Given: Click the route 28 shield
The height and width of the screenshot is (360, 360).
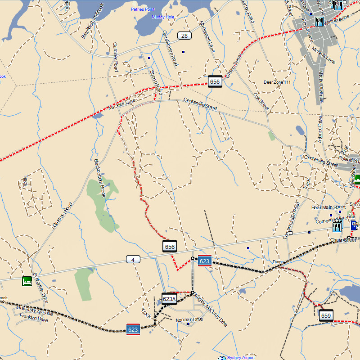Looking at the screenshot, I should pyautogui.click(x=184, y=36).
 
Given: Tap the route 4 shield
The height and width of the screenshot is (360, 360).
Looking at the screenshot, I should pyautogui.click(x=133, y=259).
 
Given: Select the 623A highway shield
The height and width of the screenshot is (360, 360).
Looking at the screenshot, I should pyautogui.click(x=169, y=299).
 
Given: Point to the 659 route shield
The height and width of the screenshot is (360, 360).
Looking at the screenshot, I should pyautogui.click(x=326, y=315).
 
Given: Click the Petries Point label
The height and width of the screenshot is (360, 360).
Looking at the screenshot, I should pyautogui.click(x=143, y=9).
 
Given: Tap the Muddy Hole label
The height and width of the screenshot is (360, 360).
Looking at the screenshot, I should pyautogui.click(x=162, y=17).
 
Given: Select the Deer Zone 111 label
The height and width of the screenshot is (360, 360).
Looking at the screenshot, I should pyautogui.click(x=277, y=82).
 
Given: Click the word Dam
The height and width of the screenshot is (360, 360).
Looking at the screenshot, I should pyautogui.click(x=277, y=261).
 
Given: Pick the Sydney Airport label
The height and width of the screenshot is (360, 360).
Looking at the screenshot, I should pyautogui.click(x=241, y=358).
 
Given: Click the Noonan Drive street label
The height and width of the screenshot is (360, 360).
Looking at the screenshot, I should pyautogui.click(x=189, y=319).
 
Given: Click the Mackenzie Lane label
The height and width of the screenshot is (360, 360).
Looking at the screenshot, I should pyautogui.click(x=207, y=36).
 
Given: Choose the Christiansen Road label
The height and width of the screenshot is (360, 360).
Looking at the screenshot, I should pyautogui.click(x=170, y=49).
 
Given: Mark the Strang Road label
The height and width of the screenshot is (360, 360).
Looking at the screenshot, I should pyautogui.click(x=155, y=81).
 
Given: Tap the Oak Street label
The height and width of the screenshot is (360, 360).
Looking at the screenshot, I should pyautogui.click(x=261, y=102).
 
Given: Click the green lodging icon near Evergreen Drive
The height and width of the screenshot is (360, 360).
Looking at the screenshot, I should pyautogui.click(x=27, y=281).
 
